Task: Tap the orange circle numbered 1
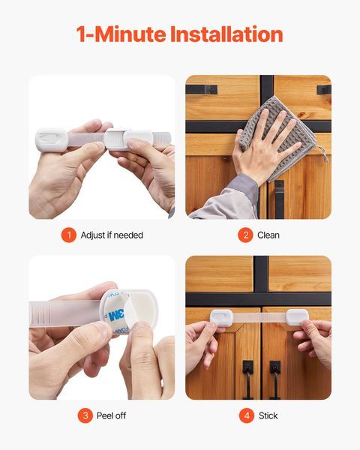pos(69,235)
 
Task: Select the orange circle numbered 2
pos(244,235)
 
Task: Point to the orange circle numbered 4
pos(246,415)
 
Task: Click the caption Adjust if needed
pos(113,235)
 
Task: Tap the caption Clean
pos(268,235)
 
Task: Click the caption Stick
pos(268,415)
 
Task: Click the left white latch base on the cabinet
pos(220,317)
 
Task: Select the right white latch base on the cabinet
pos(297,317)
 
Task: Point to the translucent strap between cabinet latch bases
pos(258,318)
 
